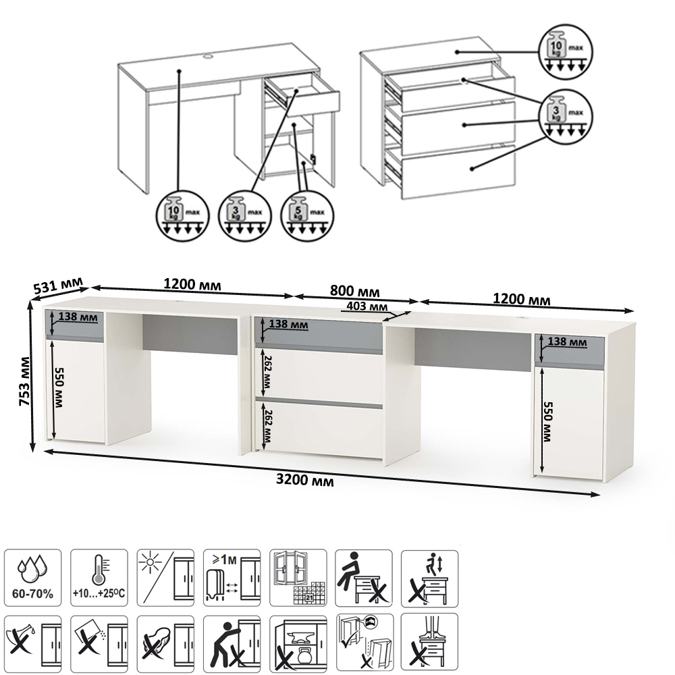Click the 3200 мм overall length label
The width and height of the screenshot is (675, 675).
click(x=305, y=479)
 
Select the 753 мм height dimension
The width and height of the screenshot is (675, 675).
click(x=24, y=381)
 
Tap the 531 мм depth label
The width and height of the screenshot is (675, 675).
click(x=58, y=286)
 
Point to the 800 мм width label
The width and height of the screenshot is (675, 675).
click(x=355, y=292)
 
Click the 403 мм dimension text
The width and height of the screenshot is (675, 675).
click(x=367, y=306)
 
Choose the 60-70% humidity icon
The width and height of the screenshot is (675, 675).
click(x=32, y=578)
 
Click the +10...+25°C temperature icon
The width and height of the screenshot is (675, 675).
click(x=99, y=578)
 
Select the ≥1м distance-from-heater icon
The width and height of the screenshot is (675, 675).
click(x=232, y=578)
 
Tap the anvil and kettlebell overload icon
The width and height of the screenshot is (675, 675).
click(x=298, y=644)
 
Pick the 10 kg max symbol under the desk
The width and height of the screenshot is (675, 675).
click(x=182, y=215)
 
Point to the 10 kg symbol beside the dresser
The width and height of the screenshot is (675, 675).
click(x=566, y=51)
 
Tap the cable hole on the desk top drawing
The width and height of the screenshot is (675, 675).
click(x=208, y=55)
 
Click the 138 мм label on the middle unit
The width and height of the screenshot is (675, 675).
click(x=288, y=324)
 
